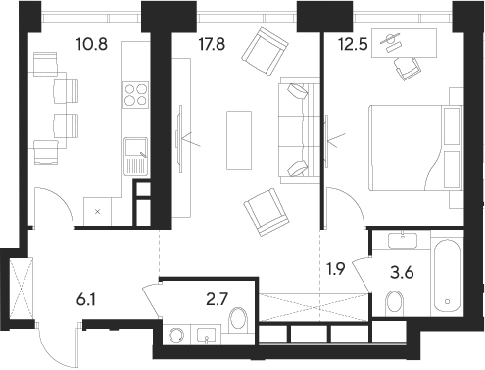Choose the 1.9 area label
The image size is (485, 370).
click(336, 265)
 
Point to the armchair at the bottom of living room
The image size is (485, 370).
click(266, 208)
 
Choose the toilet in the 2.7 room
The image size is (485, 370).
click(236, 322)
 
